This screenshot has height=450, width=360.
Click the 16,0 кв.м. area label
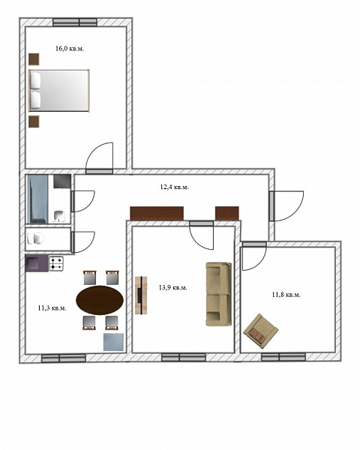coord(70,49)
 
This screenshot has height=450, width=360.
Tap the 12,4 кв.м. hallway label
coord(174,187)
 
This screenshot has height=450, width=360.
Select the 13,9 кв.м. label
coord(172,287)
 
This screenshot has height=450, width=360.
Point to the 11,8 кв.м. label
coord(286,295)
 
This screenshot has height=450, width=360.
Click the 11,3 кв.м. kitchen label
coord(52,308)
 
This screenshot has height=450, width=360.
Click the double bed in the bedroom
coord(59,91)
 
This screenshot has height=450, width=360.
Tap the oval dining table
coord(100,300)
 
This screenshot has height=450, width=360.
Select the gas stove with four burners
coord(56,264)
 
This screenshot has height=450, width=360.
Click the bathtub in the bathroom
coord(37,199)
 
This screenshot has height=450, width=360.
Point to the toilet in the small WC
coord(35,238)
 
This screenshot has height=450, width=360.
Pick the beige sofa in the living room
coord(219,294)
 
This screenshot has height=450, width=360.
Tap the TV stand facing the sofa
coord(141,295)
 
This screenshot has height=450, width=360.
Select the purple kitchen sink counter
coord(37,263)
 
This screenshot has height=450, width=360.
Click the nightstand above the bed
coord(34,59)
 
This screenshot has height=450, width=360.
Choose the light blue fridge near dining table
coord(113,342)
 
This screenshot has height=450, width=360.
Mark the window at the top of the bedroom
coord(75,22)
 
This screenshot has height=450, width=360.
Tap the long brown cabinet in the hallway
coord(157,213)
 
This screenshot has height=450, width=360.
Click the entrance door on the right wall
coord(286,205)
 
